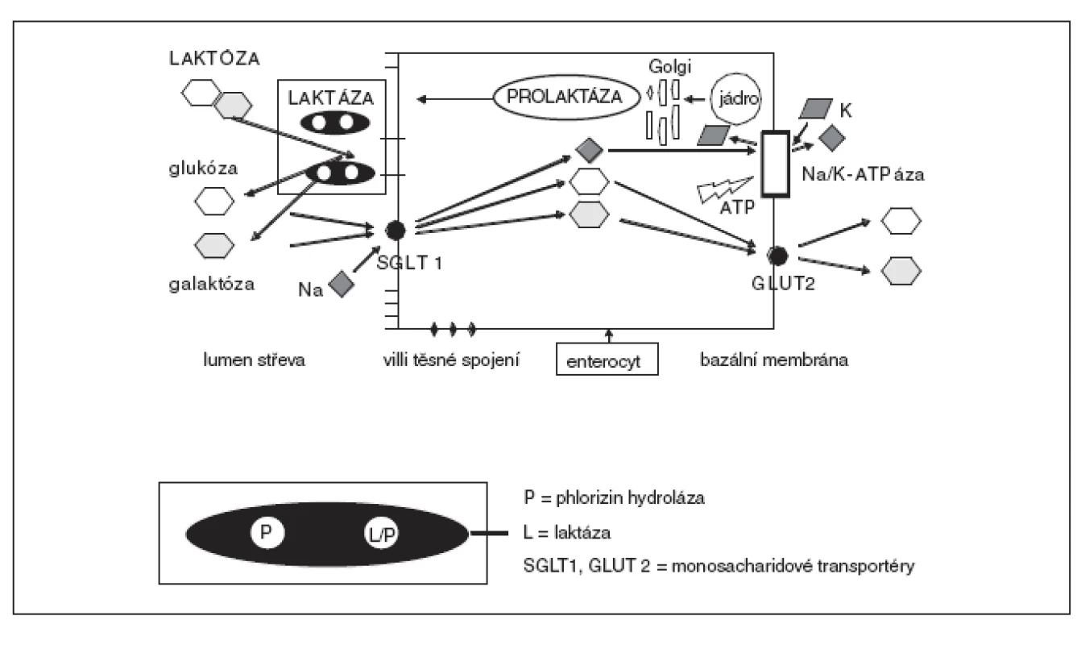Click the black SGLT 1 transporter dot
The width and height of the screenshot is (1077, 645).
[396, 231]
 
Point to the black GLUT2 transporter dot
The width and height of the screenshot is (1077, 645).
[777, 256]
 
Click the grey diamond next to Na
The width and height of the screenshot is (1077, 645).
[342, 284]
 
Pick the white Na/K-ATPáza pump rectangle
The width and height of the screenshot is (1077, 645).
[776, 164]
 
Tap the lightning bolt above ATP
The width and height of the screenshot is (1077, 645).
[723, 190]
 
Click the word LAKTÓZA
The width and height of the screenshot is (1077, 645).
[214, 59]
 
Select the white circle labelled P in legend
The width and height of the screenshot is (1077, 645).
[267, 532]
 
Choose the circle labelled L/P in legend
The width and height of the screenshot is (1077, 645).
[381, 534]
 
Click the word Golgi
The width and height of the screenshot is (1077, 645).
[669, 66]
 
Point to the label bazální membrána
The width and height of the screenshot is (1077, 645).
[774, 360]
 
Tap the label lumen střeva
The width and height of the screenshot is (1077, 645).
[254, 360]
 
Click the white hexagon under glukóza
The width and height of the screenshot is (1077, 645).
[214, 202]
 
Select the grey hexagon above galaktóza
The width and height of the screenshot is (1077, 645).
[214, 245]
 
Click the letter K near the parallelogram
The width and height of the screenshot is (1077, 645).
[846, 110]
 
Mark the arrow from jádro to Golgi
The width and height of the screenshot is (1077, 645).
[694, 100]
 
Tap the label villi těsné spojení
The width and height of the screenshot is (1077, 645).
[451, 360]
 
